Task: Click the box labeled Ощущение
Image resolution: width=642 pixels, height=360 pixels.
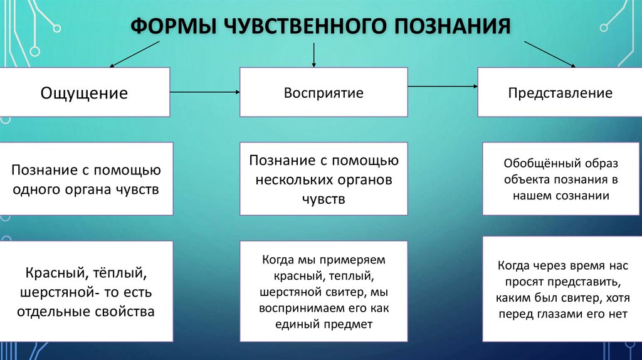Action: coord(85,93)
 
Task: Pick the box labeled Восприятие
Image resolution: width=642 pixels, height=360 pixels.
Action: coord(324,93)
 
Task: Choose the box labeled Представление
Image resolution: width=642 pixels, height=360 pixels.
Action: coord(560,93)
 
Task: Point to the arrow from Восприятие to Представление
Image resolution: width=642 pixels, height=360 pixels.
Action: coord(442,87)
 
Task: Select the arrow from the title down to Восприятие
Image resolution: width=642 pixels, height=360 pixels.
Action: coord(313,55)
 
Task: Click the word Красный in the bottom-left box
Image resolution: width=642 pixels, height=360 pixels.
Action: coord(55,274)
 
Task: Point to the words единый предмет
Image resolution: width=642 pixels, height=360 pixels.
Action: coord(324,325)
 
